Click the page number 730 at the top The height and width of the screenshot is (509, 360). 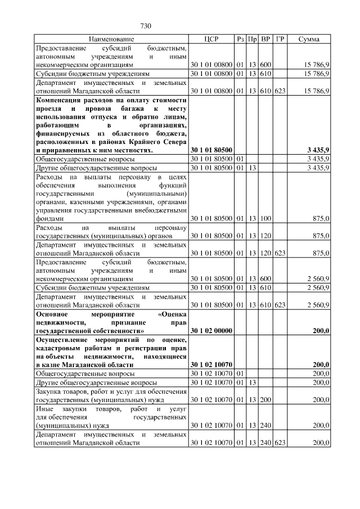click(x=146, y=26)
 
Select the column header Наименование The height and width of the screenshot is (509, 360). click(x=111, y=39)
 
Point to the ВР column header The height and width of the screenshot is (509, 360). click(x=266, y=39)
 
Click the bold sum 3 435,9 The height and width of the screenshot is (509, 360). click(x=318, y=150)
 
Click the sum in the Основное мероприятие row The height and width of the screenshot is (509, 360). click(x=320, y=331)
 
